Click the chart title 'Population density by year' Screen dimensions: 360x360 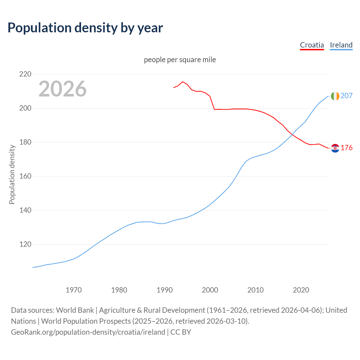85,28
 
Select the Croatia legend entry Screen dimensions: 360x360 312,45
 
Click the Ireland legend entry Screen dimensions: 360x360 341,45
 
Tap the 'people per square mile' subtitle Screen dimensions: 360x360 180,60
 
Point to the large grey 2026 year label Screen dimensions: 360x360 62,89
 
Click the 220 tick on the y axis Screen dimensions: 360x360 25,74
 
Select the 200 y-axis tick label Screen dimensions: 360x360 25,108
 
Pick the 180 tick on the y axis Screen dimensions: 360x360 25,142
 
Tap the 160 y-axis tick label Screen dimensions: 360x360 25,176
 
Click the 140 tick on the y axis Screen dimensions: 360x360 25,210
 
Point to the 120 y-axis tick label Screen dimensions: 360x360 25,244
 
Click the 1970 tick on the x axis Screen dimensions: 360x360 74,290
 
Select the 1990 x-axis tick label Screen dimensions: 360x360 165,290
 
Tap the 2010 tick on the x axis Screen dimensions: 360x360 255,290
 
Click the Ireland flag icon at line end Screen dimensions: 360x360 335,96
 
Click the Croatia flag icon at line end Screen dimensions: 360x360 335,148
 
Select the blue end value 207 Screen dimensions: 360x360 346,96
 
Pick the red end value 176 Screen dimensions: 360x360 346,148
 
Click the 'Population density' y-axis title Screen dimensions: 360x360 12,174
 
